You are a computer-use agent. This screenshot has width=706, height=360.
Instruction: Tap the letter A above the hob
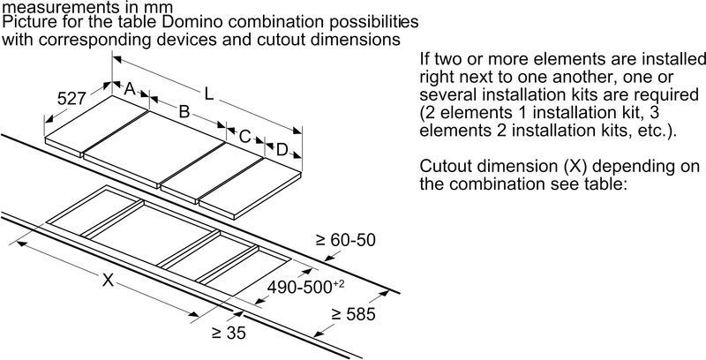point(129,88)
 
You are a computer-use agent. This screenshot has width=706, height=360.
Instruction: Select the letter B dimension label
point(184,112)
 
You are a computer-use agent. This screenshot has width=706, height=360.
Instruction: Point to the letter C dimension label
point(244,137)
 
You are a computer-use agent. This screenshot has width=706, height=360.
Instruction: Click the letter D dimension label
point(281,151)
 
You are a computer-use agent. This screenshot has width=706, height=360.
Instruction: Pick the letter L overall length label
point(207,92)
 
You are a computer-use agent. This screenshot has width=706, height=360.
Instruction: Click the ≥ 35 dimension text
point(229,334)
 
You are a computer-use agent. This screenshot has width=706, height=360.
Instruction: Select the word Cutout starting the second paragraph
point(445,167)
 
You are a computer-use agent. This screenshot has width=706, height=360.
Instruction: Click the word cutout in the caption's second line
point(300,40)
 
